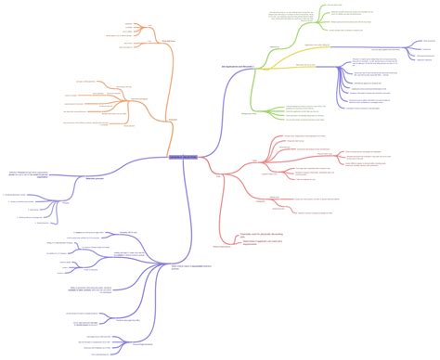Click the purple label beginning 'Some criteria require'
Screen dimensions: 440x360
[x=189, y=270]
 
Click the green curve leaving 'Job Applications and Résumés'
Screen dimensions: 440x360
[x=260, y=56]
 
